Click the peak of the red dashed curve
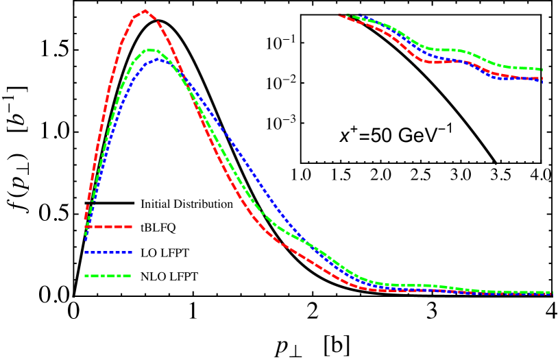pos(145,11)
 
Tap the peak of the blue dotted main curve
pos(158,59)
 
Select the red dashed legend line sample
pos(108,226)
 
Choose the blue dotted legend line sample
pos(108,252)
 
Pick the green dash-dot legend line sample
pos(108,276)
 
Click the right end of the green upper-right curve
pos(542,69)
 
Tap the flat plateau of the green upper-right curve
pos(446,49)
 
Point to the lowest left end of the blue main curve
pos(86,239)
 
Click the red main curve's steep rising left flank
pos(103,110)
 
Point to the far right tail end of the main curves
pos(551,293)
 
